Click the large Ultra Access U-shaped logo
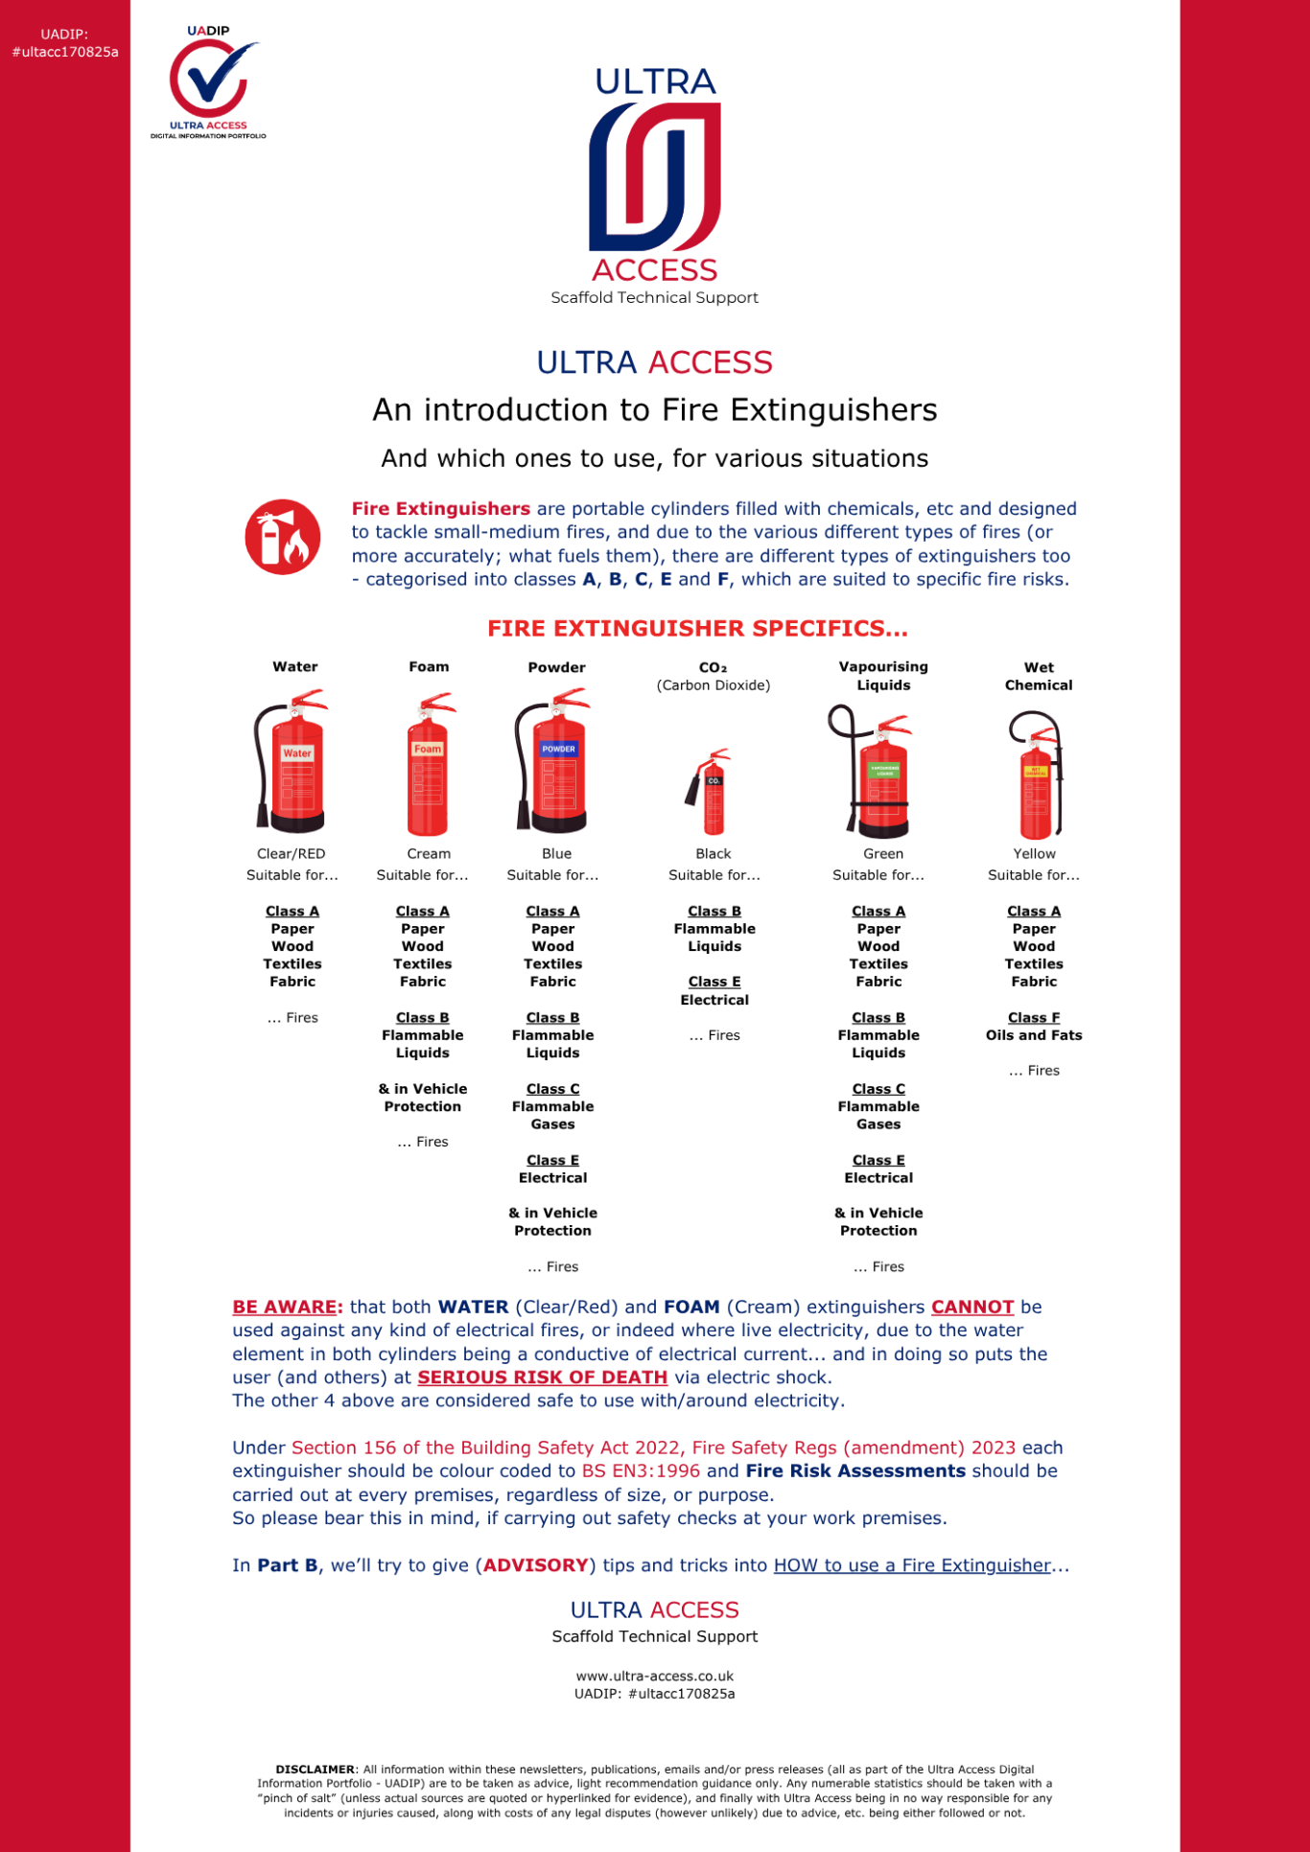pos(655,176)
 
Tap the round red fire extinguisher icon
pos(283,537)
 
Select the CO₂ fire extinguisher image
pos(711,792)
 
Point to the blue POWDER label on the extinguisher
pos(558,749)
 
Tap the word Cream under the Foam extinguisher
pos(429,853)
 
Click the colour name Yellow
pos(1034,853)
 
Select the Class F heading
pos(1034,1017)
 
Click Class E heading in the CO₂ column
pos(714,982)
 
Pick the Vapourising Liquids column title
pos(883,676)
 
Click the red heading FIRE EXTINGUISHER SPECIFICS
pos(697,629)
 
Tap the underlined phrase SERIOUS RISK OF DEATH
pos(542,1377)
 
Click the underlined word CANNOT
pos(972,1307)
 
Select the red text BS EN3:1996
pos(641,1470)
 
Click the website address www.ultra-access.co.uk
pos(655,1677)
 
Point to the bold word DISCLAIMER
pos(315,1770)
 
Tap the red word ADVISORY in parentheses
pos(535,1565)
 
